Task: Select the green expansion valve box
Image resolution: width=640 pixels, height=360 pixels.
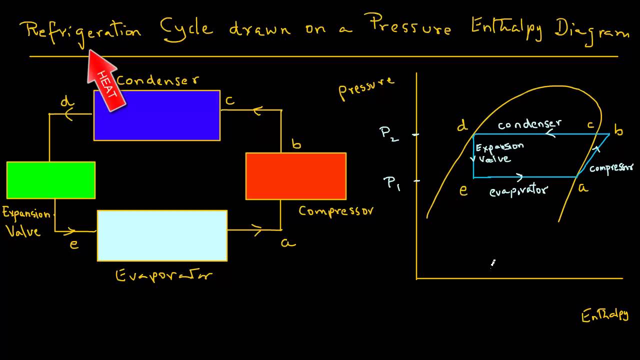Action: click(x=50, y=180)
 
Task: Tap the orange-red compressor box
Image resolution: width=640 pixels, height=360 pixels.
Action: click(x=295, y=176)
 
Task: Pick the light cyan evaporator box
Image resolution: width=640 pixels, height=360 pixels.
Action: click(x=162, y=235)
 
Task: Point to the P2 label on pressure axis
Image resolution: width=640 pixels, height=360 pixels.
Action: click(x=389, y=133)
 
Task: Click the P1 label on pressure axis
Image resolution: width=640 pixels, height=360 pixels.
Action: click(x=392, y=183)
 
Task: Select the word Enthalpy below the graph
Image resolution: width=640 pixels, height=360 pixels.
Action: click(x=604, y=315)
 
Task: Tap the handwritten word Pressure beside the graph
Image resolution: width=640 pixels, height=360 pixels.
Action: click(x=366, y=87)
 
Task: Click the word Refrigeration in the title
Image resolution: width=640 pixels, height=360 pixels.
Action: click(x=83, y=30)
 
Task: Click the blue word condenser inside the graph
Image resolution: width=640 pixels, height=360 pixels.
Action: click(x=529, y=123)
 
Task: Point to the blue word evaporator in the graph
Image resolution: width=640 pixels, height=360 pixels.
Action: click(x=518, y=190)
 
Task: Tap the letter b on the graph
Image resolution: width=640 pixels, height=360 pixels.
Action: click(x=618, y=131)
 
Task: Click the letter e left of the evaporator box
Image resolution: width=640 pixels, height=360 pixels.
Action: click(x=74, y=244)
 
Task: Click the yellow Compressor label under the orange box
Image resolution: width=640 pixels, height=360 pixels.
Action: click(x=335, y=210)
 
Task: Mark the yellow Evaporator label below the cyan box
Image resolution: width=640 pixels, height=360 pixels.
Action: click(x=164, y=275)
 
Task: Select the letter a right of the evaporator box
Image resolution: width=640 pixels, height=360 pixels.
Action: click(x=287, y=243)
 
